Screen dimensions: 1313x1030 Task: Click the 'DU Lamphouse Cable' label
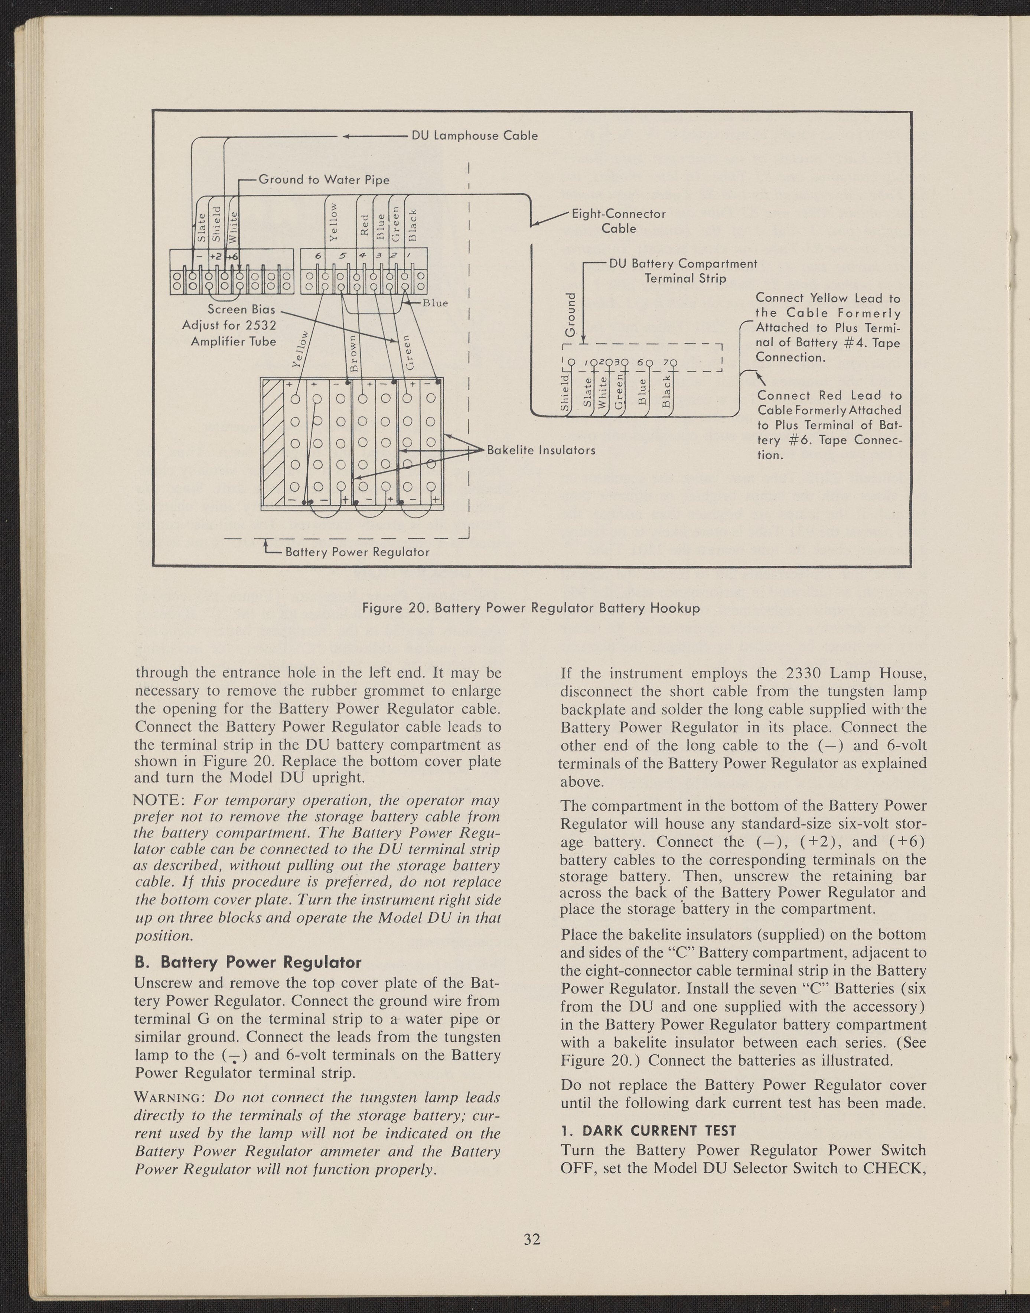click(474, 135)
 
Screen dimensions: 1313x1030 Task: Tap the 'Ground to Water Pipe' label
click(324, 180)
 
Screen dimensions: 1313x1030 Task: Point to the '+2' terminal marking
click(215, 256)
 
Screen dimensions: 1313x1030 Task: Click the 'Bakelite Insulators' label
click(541, 450)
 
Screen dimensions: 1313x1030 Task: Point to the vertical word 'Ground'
click(570, 315)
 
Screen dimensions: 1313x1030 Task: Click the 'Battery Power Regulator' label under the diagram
click(357, 552)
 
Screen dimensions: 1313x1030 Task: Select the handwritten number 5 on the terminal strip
click(341, 256)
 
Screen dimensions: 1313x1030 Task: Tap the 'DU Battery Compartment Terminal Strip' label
click(683, 271)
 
